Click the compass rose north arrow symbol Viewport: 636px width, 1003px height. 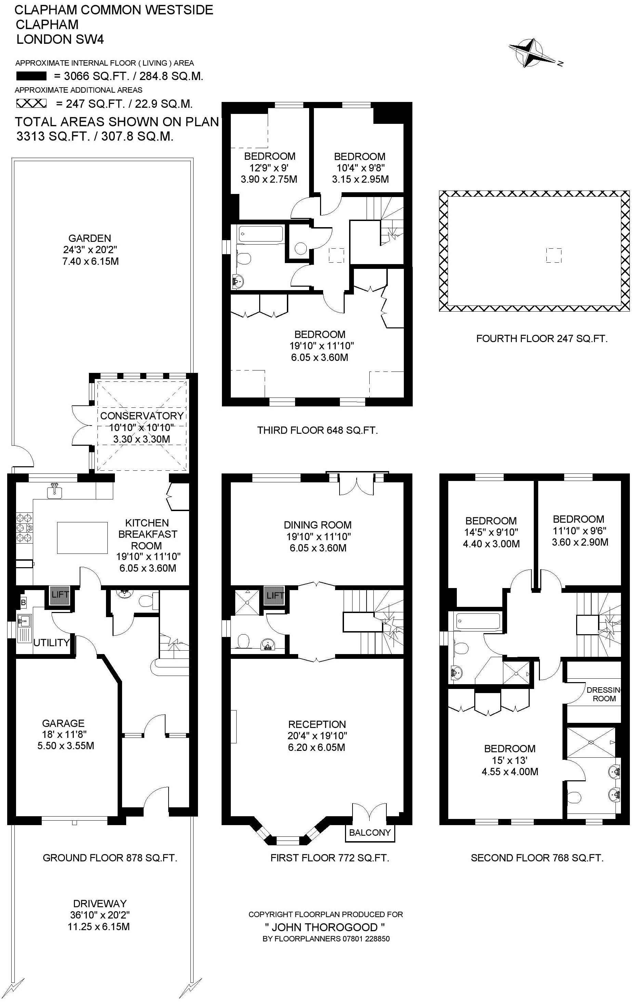pyautogui.click(x=533, y=53)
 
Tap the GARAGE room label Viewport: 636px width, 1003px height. pyautogui.click(x=63, y=723)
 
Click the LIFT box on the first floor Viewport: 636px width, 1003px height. pyautogui.click(x=274, y=595)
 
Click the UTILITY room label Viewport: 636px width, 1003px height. pyautogui.click(x=51, y=643)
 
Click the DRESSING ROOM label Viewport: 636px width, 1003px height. pyautogui.click(x=604, y=694)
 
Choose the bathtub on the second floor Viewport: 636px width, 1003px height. pyautogui.click(x=478, y=621)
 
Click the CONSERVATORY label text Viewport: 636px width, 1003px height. pyautogui.click(x=142, y=416)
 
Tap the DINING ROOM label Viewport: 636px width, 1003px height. pyautogui.click(x=318, y=525)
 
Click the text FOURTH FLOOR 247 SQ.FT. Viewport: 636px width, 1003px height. pyautogui.click(x=542, y=339)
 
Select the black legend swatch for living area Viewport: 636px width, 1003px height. pyautogui.click(x=31, y=76)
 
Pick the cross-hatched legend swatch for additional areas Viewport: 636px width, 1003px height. pyautogui.click(x=31, y=103)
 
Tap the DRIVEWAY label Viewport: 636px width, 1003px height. pyautogui.click(x=100, y=903)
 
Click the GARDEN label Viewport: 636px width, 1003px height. pyautogui.click(x=90, y=238)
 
